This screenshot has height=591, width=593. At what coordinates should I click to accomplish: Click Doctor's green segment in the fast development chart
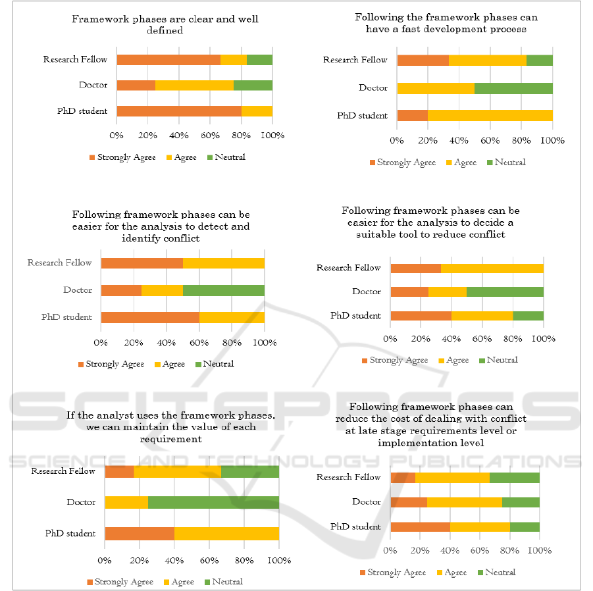point(513,88)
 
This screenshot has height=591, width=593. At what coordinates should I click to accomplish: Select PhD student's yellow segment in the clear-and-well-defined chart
point(257,111)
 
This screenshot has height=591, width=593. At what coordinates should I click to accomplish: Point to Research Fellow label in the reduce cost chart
point(349,477)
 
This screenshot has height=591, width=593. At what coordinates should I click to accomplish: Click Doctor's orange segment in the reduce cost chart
point(409,502)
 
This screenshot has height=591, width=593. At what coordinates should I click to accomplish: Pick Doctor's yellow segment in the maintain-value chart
point(126,502)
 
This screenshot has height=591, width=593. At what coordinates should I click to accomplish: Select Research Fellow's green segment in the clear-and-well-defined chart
point(259,60)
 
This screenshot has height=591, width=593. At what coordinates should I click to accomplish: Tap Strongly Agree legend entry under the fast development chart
point(403,163)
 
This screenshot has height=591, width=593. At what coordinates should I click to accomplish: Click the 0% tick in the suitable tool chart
point(390,339)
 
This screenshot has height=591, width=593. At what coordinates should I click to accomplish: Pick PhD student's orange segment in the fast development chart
point(412,116)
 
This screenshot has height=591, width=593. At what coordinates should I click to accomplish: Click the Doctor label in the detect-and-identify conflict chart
point(78,290)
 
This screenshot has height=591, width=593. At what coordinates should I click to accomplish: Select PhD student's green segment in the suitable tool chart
point(529,316)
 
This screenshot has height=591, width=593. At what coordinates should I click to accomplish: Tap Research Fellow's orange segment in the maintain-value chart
point(119,471)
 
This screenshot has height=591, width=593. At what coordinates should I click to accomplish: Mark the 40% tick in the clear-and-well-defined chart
point(179,136)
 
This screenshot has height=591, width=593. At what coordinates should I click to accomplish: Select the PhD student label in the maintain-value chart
point(70,533)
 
